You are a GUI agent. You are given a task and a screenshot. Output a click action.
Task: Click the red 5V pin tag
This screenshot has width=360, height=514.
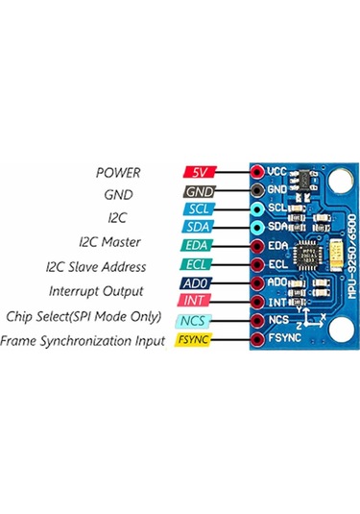click(x=199, y=171)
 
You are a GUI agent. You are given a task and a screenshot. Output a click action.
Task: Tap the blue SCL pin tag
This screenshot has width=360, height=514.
click(x=199, y=208)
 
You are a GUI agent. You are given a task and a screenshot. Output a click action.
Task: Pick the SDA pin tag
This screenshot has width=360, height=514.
click(x=199, y=227)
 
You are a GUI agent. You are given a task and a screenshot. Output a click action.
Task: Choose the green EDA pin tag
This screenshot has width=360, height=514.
click(x=199, y=246)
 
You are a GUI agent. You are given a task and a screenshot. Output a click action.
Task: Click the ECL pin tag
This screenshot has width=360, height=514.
click(x=199, y=264)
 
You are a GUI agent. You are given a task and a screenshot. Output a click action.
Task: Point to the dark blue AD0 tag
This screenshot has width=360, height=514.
click(x=199, y=283)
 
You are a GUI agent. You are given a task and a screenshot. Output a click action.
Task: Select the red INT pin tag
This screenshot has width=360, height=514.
click(x=199, y=302)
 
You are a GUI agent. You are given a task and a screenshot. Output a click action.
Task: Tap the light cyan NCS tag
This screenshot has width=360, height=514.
click(x=199, y=320)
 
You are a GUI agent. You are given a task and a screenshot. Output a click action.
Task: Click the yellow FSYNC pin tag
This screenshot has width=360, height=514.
click(x=199, y=339)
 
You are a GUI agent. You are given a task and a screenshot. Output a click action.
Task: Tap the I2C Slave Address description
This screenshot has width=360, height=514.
click(x=95, y=266)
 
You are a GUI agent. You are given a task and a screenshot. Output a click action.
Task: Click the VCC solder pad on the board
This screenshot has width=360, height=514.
click(x=258, y=171)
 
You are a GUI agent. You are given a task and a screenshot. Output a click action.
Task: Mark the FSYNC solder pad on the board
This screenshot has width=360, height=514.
click(x=258, y=339)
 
